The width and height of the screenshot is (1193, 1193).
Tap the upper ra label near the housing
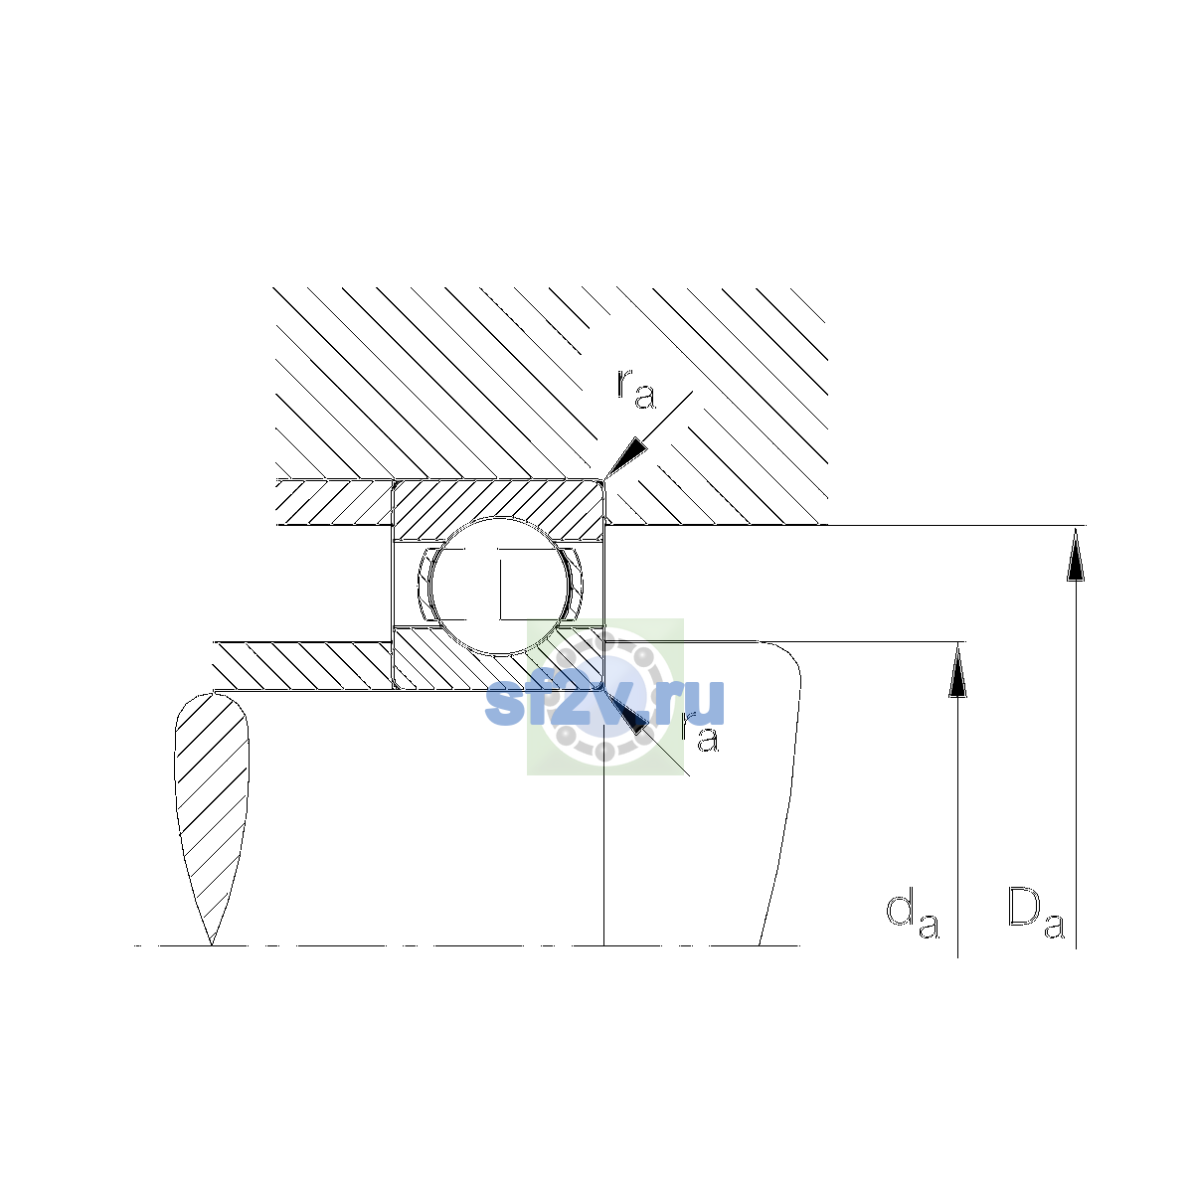636,389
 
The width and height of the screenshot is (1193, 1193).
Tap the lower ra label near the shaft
700,734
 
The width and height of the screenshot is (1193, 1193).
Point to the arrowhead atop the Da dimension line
1076,554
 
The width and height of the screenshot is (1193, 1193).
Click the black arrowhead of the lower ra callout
626,712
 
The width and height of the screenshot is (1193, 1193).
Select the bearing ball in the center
499,585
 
